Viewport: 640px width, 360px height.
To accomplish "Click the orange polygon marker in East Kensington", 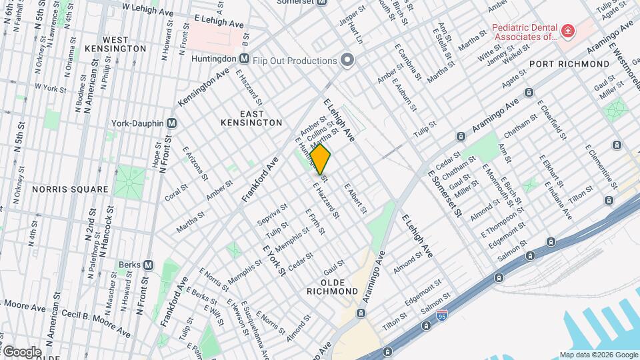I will pyautogui.click(x=321, y=160).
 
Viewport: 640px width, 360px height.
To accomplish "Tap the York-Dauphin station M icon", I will pyautogui.click(x=171, y=123).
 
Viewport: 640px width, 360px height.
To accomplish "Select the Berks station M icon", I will pyautogui.click(x=148, y=265).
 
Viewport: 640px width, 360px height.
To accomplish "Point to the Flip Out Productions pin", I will pyautogui.click(x=347, y=61).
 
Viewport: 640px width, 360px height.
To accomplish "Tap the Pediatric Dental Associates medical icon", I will pyautogui.click(x=567, y=31).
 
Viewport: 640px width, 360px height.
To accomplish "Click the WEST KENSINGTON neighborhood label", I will pyautogui.click(x=125, y=44).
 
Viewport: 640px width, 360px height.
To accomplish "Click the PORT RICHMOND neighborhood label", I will pyautogui.click(x=569, y=64).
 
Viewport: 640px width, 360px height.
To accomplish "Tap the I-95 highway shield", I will pyautogui.click(x=426, y=325).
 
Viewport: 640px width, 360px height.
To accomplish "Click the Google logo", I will pyautogui.click(x=21, y=351).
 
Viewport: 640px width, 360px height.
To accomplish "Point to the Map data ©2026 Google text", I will pyautogui.click(x=598, y=355).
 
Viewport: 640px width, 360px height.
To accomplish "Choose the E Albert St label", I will pyautogui.click(x=355, y=199).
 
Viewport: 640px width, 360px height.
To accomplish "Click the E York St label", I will pyautogui.click(x=274, y=260).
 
